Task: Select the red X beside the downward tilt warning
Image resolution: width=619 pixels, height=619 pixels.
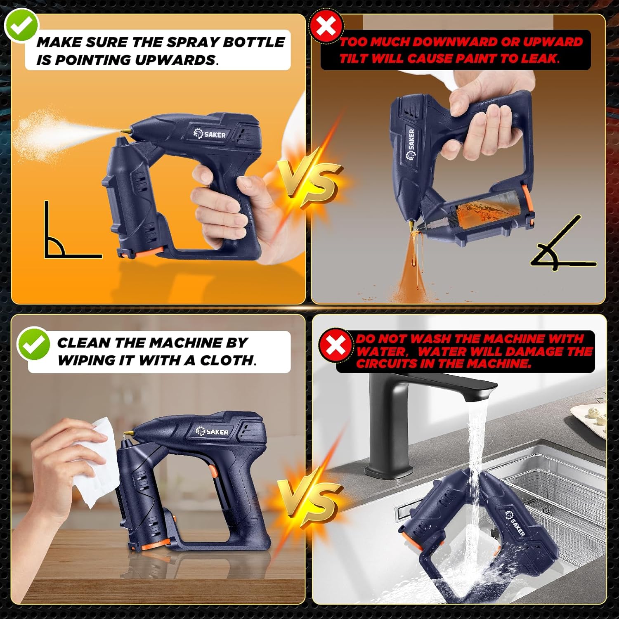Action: (326, 27)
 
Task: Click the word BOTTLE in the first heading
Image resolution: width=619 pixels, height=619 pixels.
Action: (253, 42)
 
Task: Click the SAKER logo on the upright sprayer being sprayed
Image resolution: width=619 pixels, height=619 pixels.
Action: (210, 134)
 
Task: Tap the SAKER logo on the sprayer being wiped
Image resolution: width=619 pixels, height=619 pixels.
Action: (212, 431)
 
